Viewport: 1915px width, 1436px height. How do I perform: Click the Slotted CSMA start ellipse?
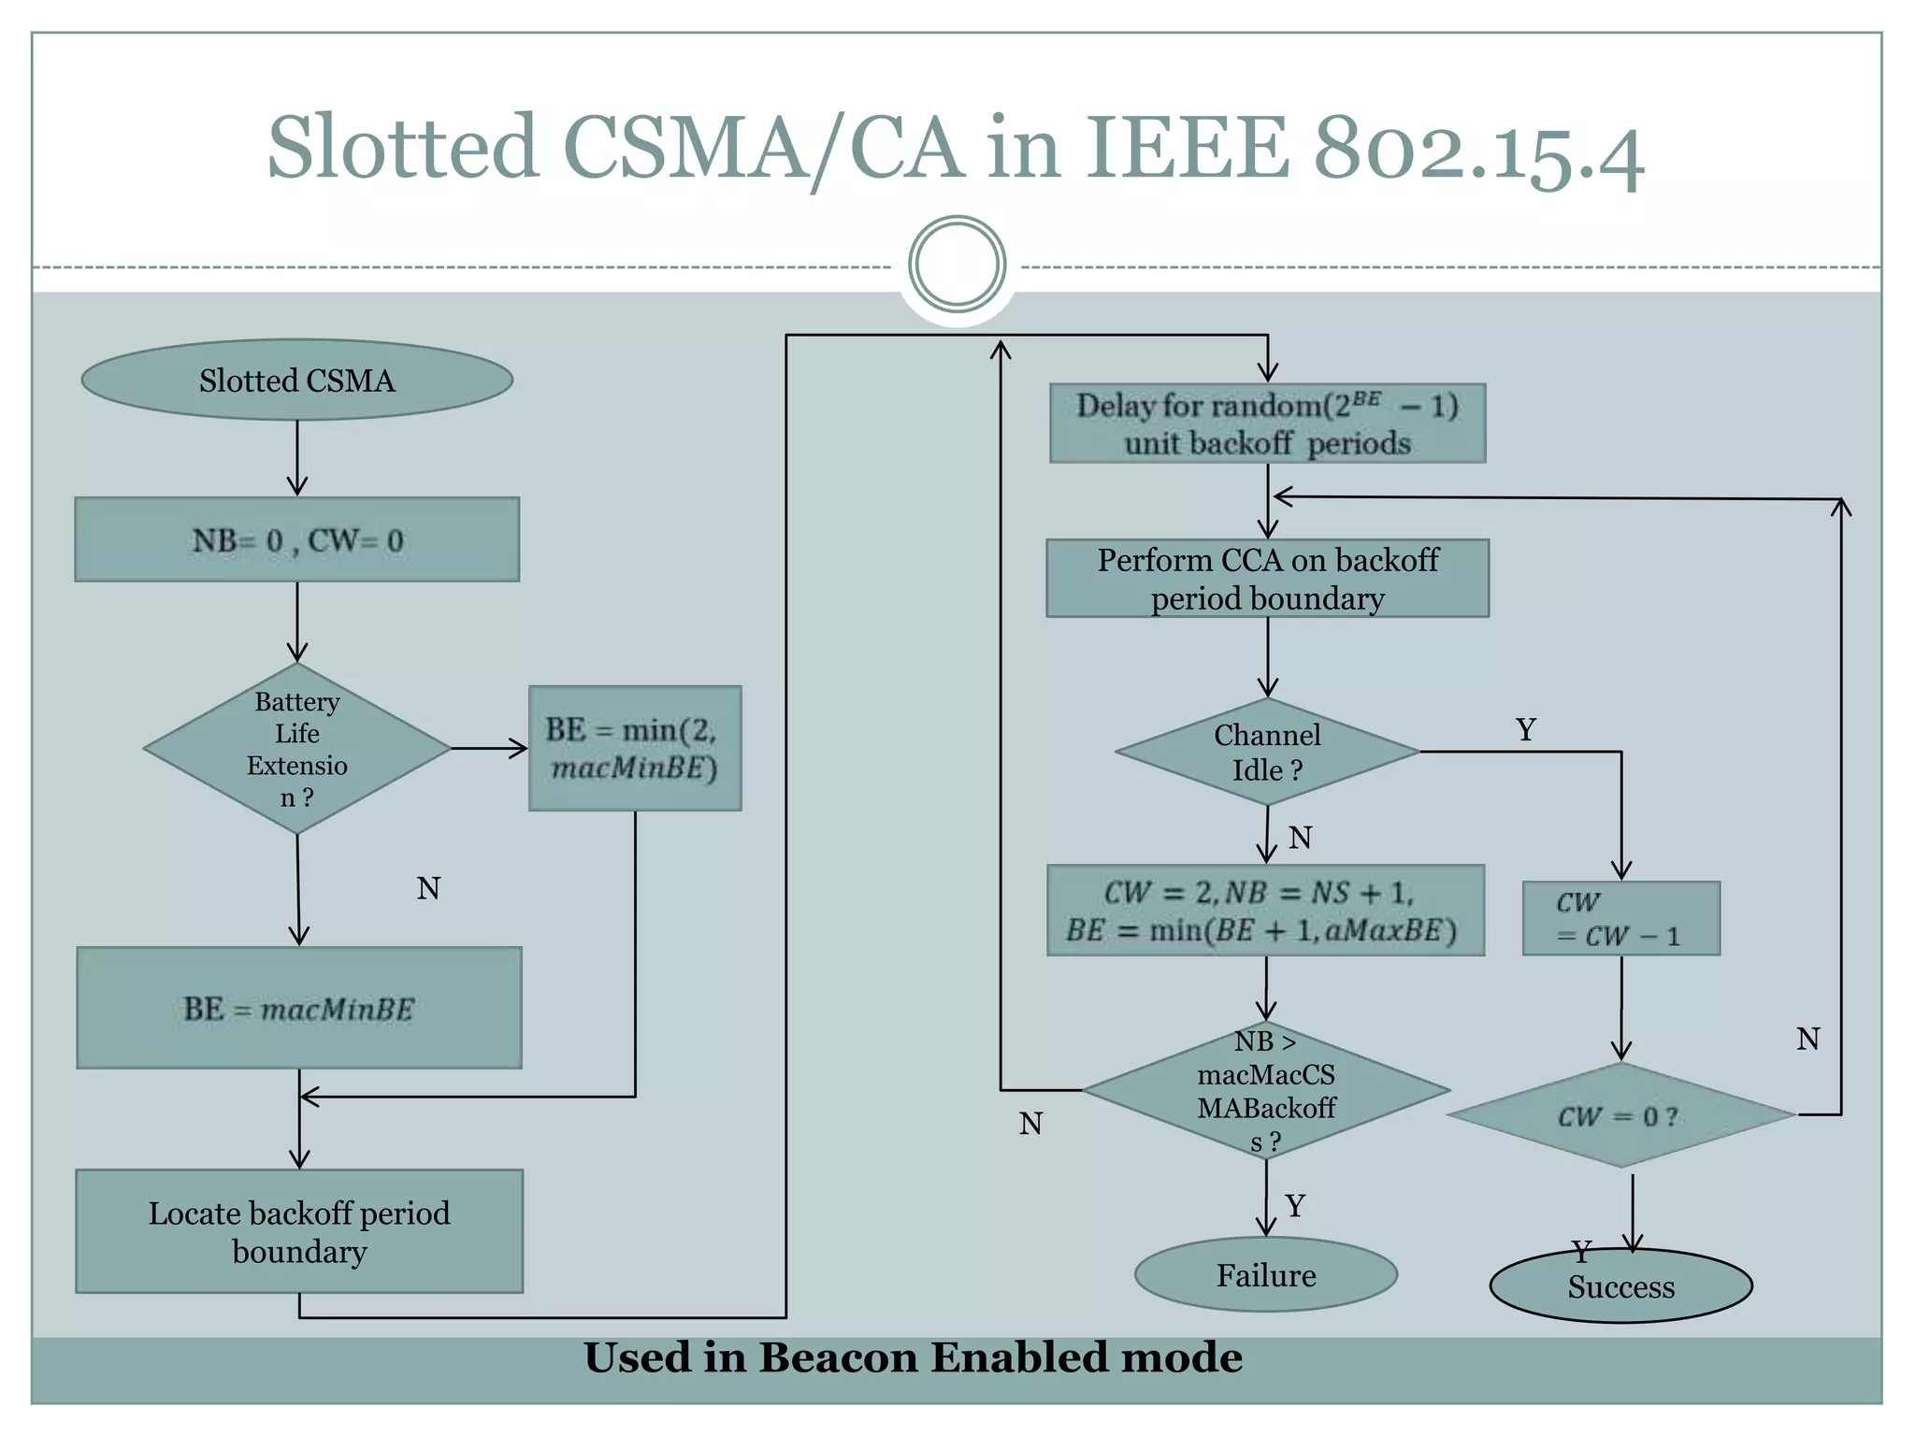click(x=296, y=380)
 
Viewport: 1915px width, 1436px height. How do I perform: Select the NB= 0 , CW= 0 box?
click(x=296, y=539)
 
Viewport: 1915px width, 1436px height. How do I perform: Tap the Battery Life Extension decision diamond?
click(x=296, y=749)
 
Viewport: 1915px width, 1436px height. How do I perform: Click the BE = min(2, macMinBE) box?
click(x=634, y=748)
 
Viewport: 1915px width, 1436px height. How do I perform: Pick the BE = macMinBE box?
click(x=298, y=1008)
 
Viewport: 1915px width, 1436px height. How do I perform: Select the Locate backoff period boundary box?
click(x=298, y=1231)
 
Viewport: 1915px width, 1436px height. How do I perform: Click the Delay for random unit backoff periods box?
click(x=1267, y=424)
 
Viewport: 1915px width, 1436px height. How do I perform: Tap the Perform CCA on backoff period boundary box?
click(x=1267, y=579)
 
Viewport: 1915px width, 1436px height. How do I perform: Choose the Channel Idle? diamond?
click(x=1267, y=752)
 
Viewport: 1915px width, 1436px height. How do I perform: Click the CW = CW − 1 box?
click(x=1620, y=918)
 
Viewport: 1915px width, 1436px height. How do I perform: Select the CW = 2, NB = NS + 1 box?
click(x=1264, y=911)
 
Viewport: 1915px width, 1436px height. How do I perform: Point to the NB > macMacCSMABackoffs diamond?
click(x=1266, y=1090)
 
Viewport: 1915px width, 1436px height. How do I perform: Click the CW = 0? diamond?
click(x=1620, y=1115)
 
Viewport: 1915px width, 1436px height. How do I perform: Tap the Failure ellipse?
click(x=1265, y=1275)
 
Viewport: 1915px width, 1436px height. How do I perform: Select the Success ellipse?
click(x=1620, y=1286)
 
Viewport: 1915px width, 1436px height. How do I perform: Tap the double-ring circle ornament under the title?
click(x=957, y=264)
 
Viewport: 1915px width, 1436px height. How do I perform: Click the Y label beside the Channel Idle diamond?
click(x=1526, y=729)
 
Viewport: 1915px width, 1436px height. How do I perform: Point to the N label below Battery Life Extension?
click(x=428, y=888)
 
